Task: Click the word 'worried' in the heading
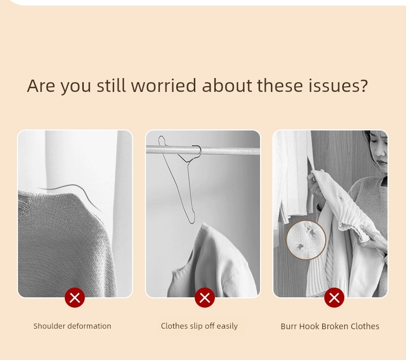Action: click(x=163, y=86)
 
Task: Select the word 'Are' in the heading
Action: click(x=41, y=86)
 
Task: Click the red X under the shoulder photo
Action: click(x=75, y=298)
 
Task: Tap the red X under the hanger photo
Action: click(x=205, y=298)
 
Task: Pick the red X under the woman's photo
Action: click(x=334, y=298)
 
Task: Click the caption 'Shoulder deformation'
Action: click(x=72, y=326)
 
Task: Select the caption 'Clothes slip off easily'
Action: click(x=199, y=326)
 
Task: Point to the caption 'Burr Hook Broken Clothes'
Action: click(x=330, y=326)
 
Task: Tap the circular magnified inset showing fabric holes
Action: click(x=306, y=240)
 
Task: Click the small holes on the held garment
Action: click(x=340, y=197)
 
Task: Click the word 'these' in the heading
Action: click(x=280, y=86)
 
